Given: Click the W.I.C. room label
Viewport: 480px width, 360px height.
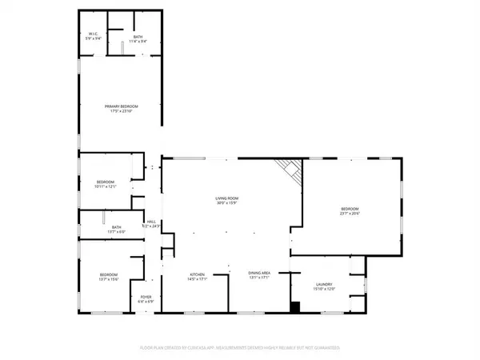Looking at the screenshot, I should tap(93, 33).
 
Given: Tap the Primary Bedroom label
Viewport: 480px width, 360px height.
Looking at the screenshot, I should tap(119, 106).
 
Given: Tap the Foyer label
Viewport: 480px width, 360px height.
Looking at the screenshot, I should tap(146, 296).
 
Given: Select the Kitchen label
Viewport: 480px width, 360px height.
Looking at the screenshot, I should tap(198, 274).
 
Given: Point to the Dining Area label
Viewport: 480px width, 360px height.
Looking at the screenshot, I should tap(260, 274).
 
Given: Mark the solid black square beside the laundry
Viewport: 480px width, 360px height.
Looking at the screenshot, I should tap(294, 306).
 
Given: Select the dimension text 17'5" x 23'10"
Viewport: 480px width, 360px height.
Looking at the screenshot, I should tap(119, 110).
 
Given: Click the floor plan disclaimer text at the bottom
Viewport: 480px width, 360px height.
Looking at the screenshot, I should tap(240, 349).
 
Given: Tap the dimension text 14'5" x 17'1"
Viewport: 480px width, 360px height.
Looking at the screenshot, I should tap(198, 278).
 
